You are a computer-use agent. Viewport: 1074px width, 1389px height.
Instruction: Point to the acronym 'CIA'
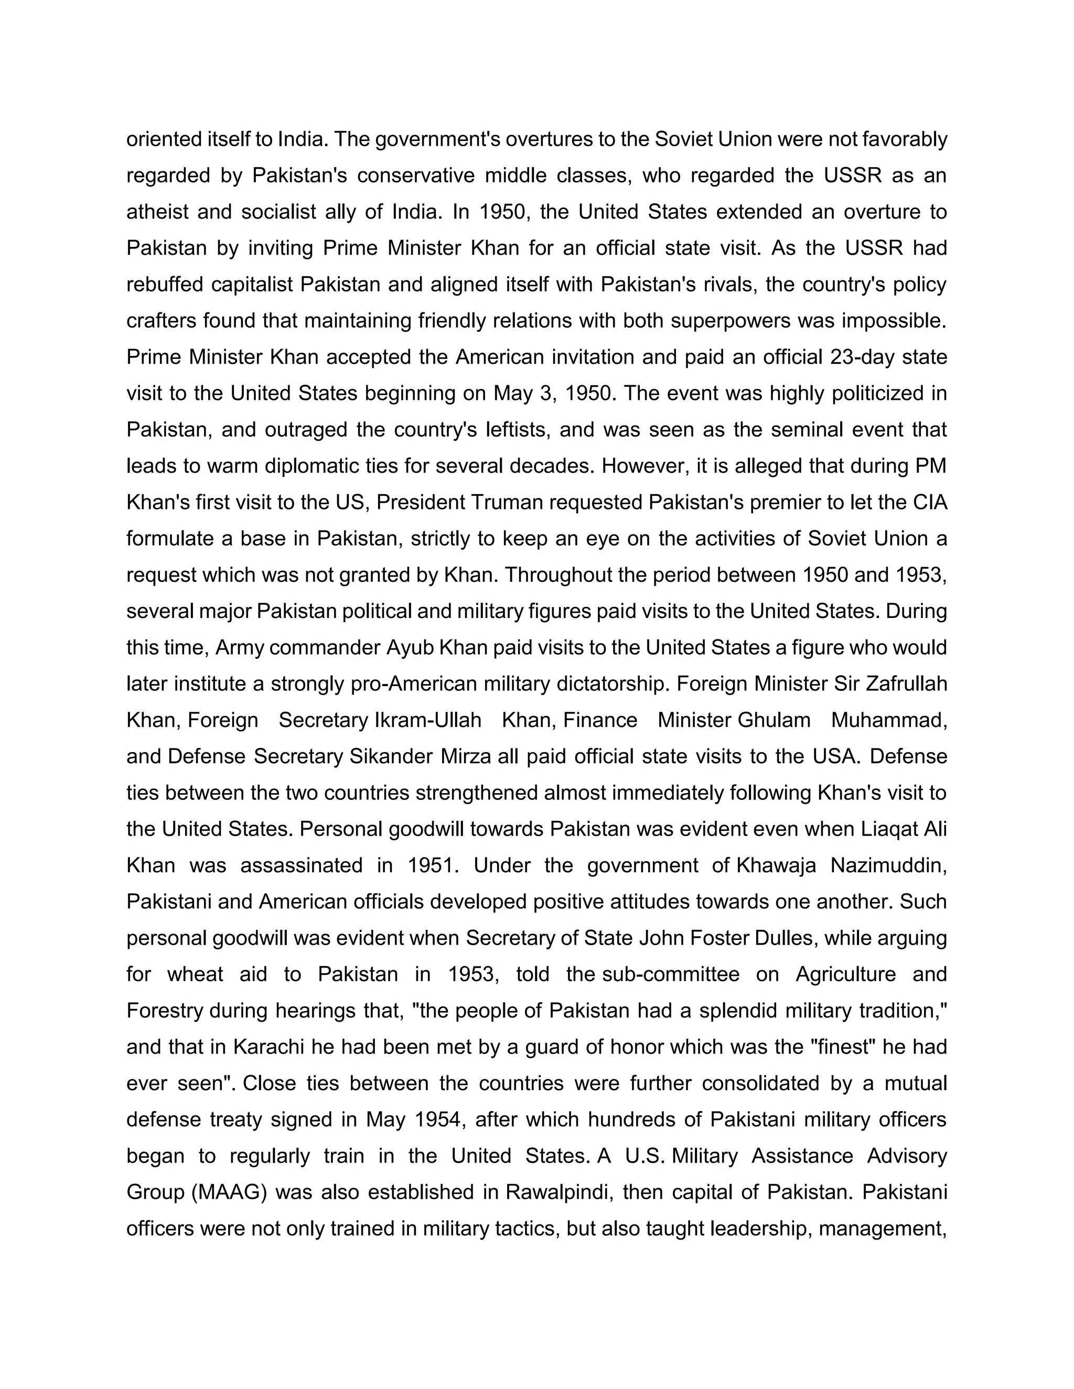(930, 503)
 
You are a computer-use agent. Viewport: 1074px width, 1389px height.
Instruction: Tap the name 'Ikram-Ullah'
(428, 720)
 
